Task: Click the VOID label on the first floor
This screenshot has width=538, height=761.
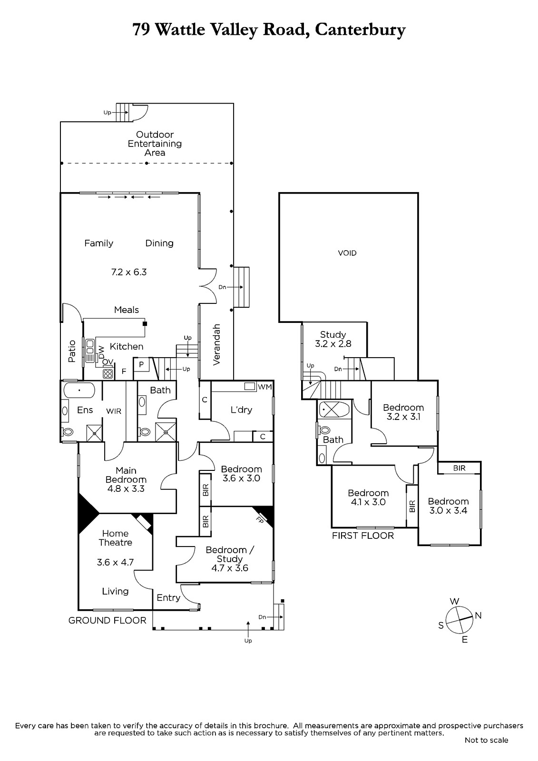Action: tap(347, 253)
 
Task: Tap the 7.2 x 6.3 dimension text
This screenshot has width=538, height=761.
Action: tap(128, 272)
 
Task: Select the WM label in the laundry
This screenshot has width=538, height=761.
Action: tap(264, 387)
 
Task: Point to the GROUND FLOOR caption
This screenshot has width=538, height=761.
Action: tap(108, 620)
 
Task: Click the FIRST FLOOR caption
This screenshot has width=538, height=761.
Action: tap(363, 536)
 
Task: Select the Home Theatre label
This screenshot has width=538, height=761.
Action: tap(115, 538)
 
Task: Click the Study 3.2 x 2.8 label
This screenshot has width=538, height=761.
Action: tap(333, 339)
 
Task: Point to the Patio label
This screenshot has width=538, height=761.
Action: tap(72, 351)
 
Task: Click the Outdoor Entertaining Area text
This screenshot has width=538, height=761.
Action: tap(155, 144)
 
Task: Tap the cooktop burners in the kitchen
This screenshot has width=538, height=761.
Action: tap(108, 373)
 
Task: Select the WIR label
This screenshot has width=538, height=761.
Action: tap(114, 411)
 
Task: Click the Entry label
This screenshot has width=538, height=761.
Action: tap(168, 598)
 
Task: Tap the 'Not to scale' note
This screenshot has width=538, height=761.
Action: tap(486, 740)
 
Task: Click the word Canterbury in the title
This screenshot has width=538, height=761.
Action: tap(360, 30)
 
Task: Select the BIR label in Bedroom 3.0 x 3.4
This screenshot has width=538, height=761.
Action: tap(459, 468)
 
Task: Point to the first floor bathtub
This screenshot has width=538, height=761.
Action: tap(334, 409)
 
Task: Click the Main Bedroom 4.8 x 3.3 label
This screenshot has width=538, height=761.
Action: tap(126, 479)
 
